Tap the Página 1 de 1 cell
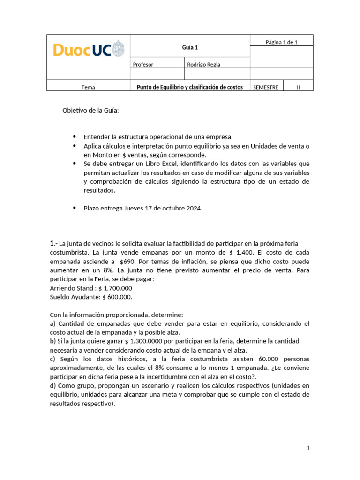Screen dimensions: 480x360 [281, 42]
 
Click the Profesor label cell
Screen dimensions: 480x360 [143, 65]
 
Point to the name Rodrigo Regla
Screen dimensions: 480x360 [203, 65]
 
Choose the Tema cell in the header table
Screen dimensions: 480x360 [88, 87]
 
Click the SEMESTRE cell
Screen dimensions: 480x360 [265, 87]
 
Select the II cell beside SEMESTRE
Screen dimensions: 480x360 [298, 87]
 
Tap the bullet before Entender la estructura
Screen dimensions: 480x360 [75, 137]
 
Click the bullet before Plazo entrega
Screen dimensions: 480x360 [75, 209]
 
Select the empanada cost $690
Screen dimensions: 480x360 [129, 262]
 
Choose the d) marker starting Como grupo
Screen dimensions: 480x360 [53, 385]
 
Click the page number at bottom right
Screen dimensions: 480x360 [308, 448]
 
